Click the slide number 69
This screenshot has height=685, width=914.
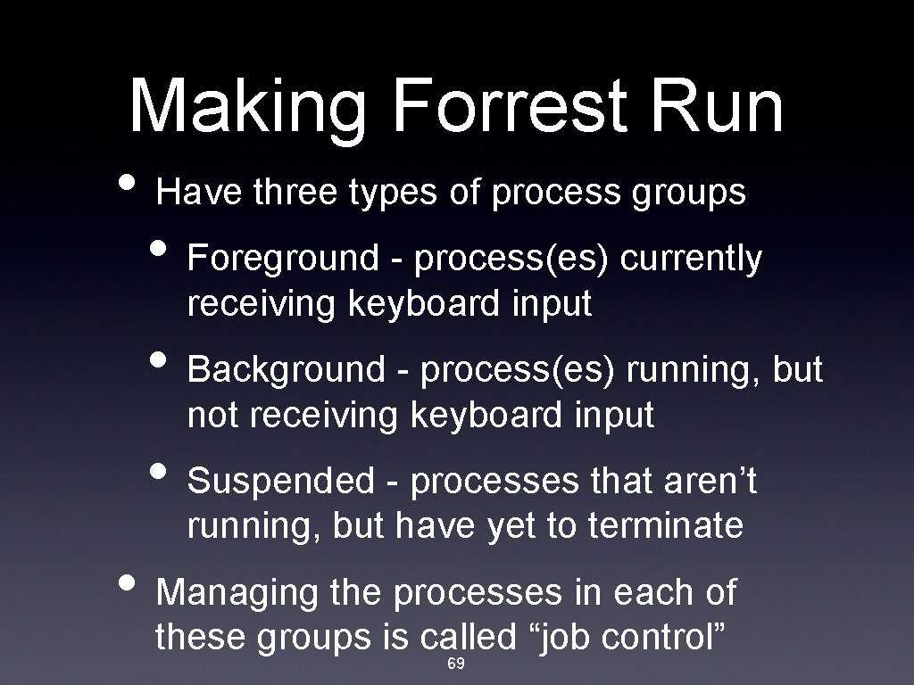coord(455,665)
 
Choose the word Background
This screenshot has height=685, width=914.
coord(286,369)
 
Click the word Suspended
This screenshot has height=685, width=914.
coord(282,482)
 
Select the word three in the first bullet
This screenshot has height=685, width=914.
coord(292,192)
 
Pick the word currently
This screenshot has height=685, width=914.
coord(691,259)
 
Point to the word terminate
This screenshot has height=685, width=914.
coord(665,526)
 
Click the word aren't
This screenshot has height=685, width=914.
coord(709,482)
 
